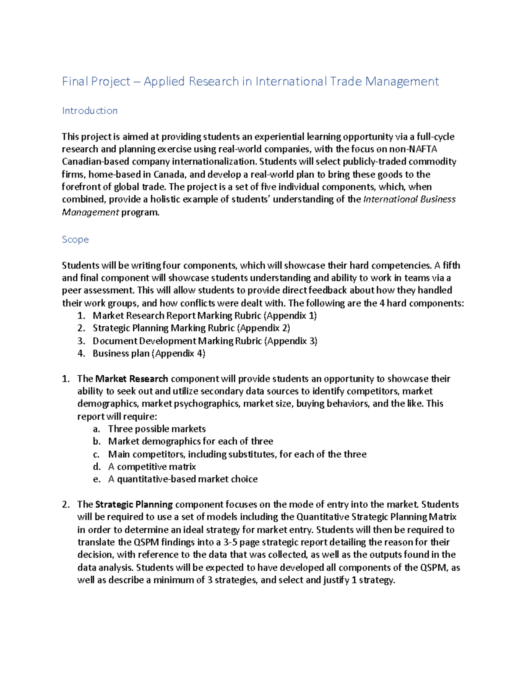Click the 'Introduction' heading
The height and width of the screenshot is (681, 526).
pos(89,111)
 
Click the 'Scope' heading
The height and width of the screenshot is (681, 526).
pos(75,239)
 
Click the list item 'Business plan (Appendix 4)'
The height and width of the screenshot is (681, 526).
pos(149,353)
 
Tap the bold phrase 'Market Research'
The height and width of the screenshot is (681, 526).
pos(131,379)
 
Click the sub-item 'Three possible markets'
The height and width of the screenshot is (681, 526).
pos(156,429)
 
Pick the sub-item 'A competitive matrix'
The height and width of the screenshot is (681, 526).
pos(152,467)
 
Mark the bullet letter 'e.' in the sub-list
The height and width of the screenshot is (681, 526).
pos(97,479)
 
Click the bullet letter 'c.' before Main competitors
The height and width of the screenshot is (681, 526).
pos(96,454)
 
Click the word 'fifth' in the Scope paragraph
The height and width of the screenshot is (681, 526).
pos(451,266)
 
